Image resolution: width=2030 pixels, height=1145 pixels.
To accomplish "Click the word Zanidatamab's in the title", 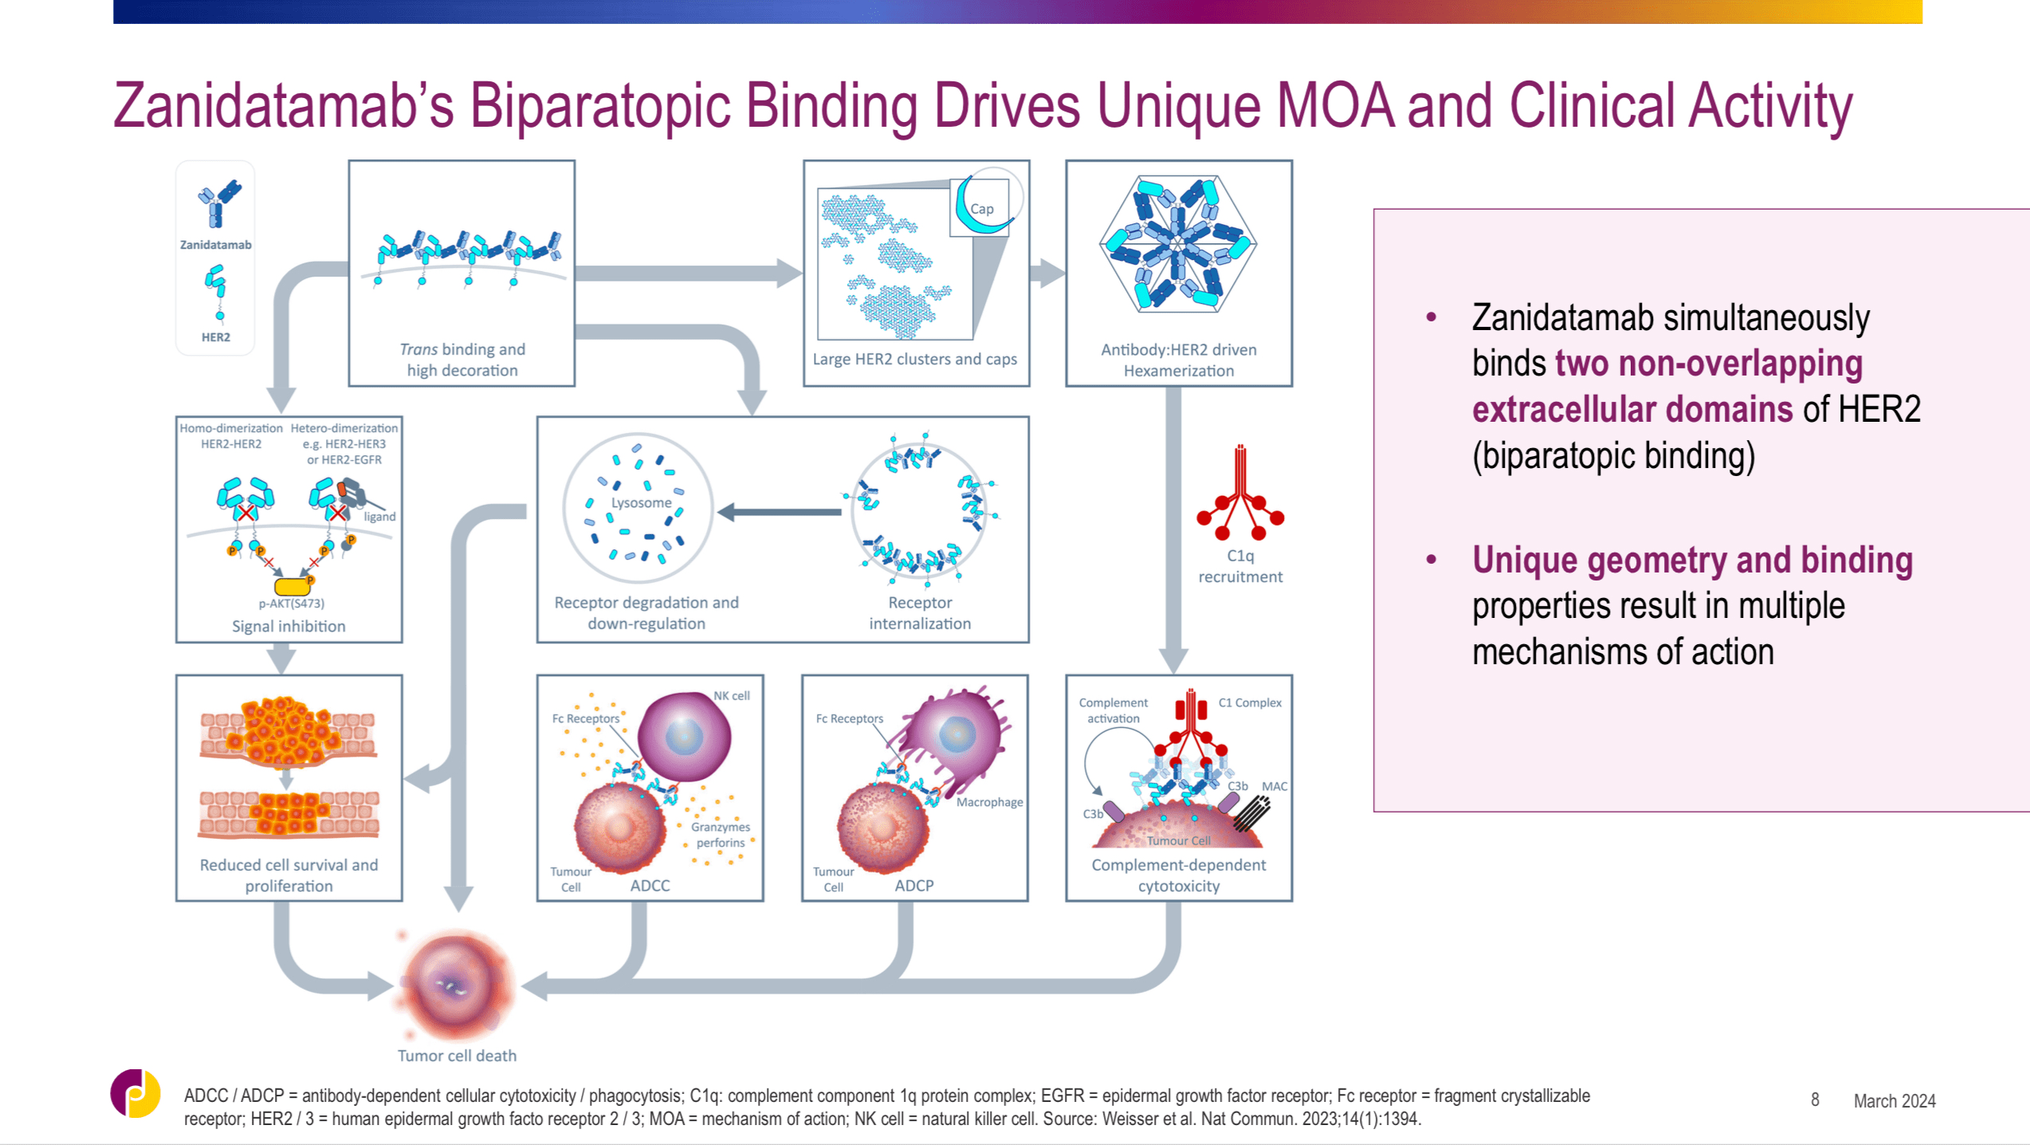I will click(283, 107).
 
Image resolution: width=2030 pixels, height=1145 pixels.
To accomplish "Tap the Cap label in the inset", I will click(981, 209).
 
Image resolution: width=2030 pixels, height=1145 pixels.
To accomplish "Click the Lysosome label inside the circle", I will click(641, 503).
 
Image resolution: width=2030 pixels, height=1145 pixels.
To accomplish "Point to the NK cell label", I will click(731, 695).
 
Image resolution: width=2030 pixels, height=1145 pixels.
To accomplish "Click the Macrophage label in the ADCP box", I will click(989, 802).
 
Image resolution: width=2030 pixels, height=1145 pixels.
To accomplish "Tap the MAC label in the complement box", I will click(1274, 786).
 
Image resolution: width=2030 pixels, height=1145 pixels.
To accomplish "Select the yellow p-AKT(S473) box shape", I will click(292, 587).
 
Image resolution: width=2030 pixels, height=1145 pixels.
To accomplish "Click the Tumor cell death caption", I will click(457, 1056).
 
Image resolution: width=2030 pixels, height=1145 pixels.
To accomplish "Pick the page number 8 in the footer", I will click(1815, 1100).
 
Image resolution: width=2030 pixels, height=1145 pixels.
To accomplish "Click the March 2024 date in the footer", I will click(1894, 1101).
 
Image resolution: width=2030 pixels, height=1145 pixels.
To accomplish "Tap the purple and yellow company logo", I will click(135, 1093).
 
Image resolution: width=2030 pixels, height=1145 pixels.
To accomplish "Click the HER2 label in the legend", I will click(215, 337).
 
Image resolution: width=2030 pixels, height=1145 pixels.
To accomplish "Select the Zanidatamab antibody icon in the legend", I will click(218, 203).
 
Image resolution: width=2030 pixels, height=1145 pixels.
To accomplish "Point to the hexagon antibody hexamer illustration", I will click(1178, 244).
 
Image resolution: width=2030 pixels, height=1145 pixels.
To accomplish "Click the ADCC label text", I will click(650, 886).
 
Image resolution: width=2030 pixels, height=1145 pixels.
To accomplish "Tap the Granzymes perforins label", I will click(721, 835).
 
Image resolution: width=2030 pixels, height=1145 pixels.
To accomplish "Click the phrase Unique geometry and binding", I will click(1691, 560).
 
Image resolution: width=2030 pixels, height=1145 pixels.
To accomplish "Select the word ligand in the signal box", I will click(379, 517).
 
